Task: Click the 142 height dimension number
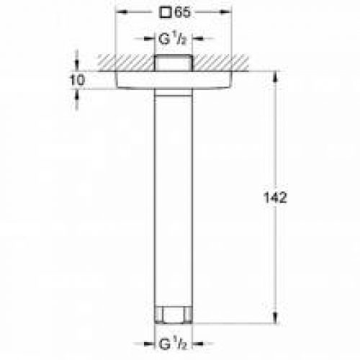(276, 198)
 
